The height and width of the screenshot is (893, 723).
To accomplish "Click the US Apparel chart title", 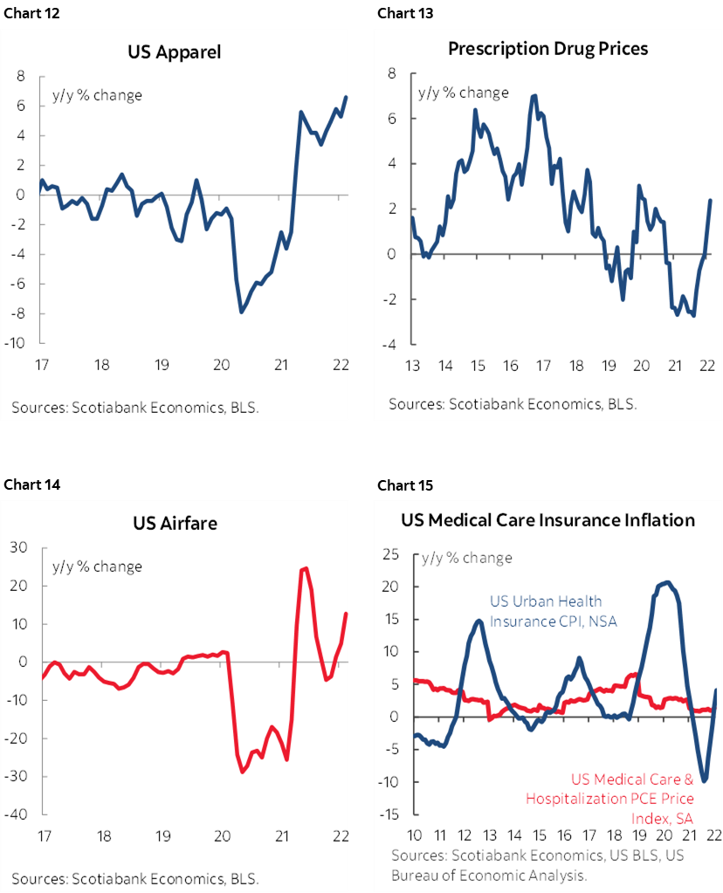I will click(175, 52).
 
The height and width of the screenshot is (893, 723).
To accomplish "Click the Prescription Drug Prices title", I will click(547, 48).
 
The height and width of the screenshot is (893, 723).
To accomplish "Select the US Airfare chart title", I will click(175, 524).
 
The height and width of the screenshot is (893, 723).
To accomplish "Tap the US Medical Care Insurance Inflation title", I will click(547, 520).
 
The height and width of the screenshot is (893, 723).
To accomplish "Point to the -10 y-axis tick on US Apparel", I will click(15, 343).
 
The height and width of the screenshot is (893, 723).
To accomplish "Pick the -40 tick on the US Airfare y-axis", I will click(16, 814).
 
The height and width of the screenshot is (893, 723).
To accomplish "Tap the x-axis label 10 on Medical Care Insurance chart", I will click(415, 834).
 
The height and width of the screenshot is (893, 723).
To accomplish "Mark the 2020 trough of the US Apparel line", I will click(241, 312).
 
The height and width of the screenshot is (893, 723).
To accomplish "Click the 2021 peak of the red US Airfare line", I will click(304, 568).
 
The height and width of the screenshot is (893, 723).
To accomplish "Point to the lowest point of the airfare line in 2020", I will click(243, 772).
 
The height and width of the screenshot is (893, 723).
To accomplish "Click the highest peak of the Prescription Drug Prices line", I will click(534, 95).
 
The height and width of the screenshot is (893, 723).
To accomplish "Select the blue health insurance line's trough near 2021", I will click(704, 781).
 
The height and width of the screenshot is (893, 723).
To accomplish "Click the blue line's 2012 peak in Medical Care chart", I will click(479, 621).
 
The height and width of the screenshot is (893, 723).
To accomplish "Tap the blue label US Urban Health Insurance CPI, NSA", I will click(545, 611).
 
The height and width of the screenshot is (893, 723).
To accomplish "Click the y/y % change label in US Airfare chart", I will click(97, 567).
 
